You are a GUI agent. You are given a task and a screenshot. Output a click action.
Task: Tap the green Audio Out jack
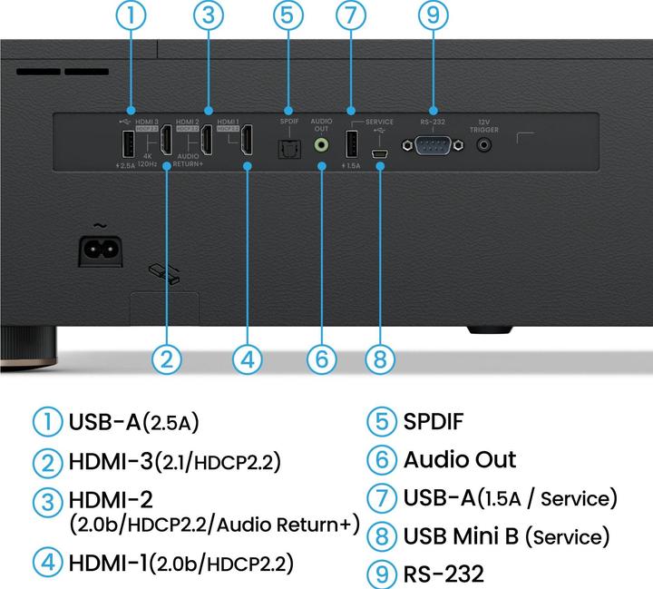click(x=321, y=143)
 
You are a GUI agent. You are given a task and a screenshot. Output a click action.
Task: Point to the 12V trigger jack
click(x=488, y=143)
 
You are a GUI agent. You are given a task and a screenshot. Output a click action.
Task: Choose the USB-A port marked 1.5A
click(x=351, y=142)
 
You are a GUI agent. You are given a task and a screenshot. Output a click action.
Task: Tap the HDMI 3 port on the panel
click(x=167, y=142)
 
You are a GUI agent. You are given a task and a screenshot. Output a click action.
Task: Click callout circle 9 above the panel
click(x=434, y=15)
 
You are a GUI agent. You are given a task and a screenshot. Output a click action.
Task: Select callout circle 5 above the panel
click(x=287, y=15)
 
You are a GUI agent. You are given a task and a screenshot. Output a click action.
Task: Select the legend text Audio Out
click(x=459, y=459)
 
